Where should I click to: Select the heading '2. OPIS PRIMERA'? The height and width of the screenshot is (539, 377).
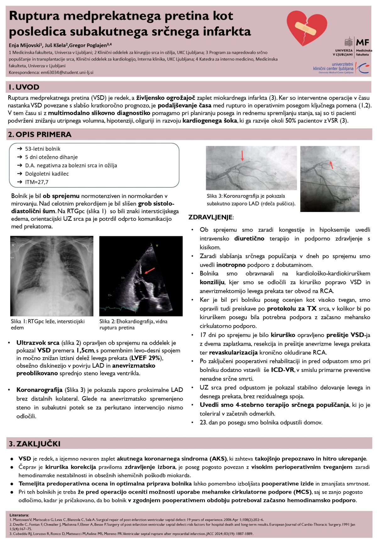point(40,134)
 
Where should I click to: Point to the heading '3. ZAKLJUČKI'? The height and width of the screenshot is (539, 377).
point(35,444)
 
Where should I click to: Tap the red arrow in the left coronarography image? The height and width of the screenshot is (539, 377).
point(242,155)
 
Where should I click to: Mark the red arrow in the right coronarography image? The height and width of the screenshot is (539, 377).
point(331,164)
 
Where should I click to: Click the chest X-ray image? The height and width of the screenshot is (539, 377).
point(52,276)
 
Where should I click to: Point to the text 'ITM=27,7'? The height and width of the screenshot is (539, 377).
point(37,182)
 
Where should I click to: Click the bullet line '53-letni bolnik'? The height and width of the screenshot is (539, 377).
point(43,149)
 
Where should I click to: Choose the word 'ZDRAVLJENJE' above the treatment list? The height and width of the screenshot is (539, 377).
point(210,217)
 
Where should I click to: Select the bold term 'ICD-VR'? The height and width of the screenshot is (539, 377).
point(282,370)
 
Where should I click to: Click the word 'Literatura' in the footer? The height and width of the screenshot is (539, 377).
point(19,515)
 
